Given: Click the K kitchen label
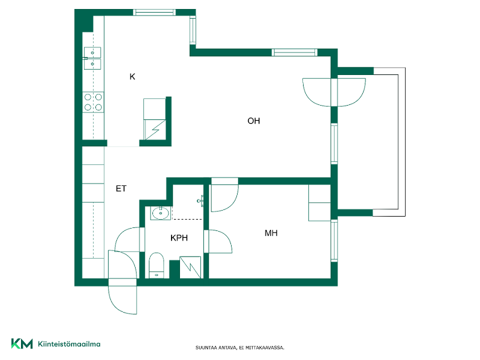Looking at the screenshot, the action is [x=132, y=77].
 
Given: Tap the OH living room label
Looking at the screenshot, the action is [x=254, y=121].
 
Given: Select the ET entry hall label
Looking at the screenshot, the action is [x=121, y=188].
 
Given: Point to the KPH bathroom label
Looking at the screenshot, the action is [x=179, y=238].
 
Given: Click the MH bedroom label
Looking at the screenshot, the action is [x=271, y=233].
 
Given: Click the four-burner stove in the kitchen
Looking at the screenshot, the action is [x=93, y=102].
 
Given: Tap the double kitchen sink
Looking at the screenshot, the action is [x=92, y=58].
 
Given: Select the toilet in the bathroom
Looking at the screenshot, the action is [x=157, y=265].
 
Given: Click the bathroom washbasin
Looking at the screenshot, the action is [x=160, y=213].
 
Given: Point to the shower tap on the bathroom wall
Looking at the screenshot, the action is [x=200, y=201].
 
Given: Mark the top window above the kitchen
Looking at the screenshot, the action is [x=155, y=12].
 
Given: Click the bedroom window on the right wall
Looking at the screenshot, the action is [x=334, y=241].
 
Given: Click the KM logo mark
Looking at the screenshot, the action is [x=22, y=343].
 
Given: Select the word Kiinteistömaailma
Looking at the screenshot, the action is [x=69, y=344].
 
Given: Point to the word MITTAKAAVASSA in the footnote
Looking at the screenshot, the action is [x=265, y=348].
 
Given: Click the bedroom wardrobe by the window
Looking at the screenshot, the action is [x=320, y=203].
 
